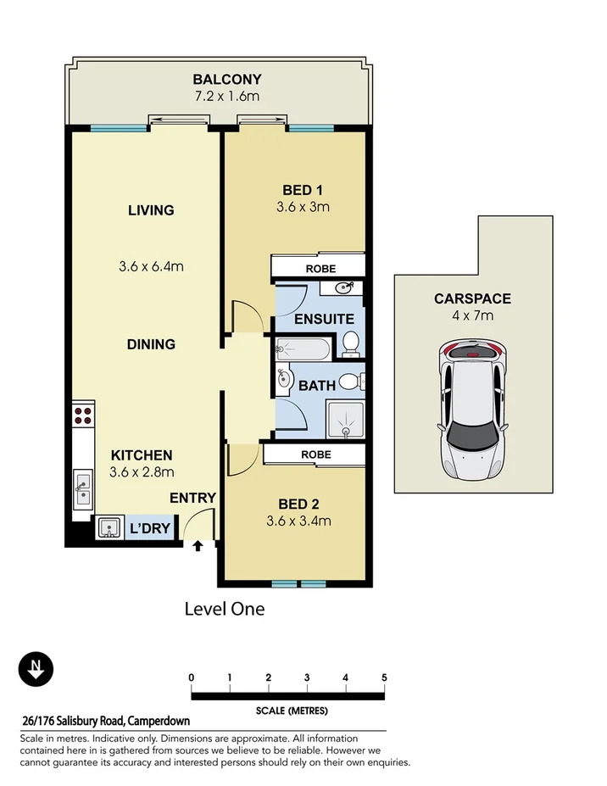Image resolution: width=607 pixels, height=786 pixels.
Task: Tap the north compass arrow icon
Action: click(x=36, y=670)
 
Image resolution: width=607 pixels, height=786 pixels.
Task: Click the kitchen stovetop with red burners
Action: click(x=82, y=415)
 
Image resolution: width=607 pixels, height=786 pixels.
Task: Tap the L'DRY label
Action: click(x=149, y=529)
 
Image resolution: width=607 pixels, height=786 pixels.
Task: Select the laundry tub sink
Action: click(x=109, y=528)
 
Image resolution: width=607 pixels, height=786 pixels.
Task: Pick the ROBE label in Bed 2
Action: click(x=315, y=455)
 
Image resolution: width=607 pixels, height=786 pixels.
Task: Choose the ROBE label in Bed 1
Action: click(x=320, y=269)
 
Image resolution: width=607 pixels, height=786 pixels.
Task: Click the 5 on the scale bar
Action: click(x=384, y=677)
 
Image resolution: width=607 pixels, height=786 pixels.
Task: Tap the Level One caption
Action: click(x=225, y=609)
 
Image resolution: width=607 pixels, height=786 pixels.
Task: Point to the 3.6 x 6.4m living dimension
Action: click(x=152, y=267)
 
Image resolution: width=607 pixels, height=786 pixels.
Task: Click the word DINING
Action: click(x=152, y=344)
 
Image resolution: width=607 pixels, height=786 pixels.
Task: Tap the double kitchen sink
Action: click(x=83, y=487)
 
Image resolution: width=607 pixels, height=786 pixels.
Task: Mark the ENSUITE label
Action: click(x=324, y=320)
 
